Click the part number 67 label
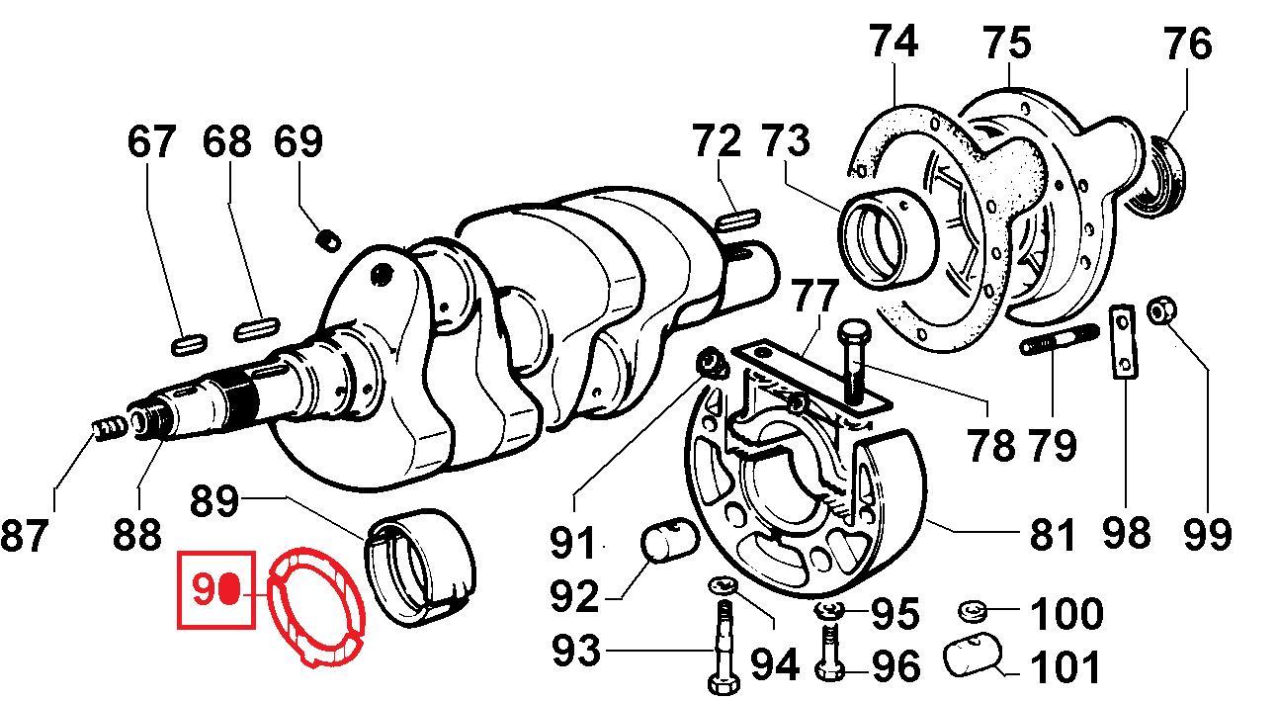(x=152, y=141)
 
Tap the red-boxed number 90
(x=215, y=590)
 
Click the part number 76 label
(x=1187, y=44)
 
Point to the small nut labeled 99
(x=1160, y=311)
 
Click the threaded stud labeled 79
(x=1059, y=341)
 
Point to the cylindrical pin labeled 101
(x=971, y=656)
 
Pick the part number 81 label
(x=1051, y=534)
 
